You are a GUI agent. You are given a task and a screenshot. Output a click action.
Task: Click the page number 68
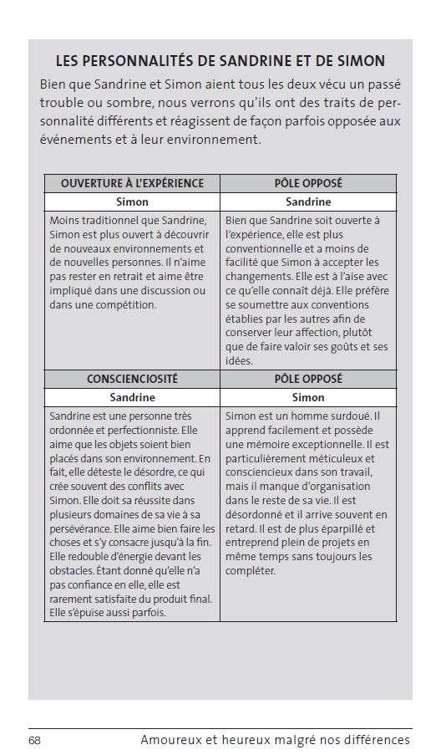(34, 740)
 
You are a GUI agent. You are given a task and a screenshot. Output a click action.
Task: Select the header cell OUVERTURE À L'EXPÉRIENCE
(132, 183)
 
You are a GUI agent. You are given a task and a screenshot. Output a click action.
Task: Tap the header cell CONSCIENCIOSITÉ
(132, 379)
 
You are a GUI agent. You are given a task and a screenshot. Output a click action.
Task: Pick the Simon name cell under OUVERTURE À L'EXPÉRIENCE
(132, 202)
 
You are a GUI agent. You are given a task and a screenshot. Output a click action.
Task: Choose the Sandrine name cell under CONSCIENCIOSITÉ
(132, 397)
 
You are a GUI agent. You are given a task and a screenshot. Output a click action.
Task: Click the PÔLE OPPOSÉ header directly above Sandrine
(308, 183)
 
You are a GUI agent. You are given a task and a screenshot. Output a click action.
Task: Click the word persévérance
(84, 529)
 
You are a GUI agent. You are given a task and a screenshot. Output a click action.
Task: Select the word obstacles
(73, 571)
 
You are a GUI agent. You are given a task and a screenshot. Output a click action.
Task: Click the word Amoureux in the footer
(170, 740)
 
